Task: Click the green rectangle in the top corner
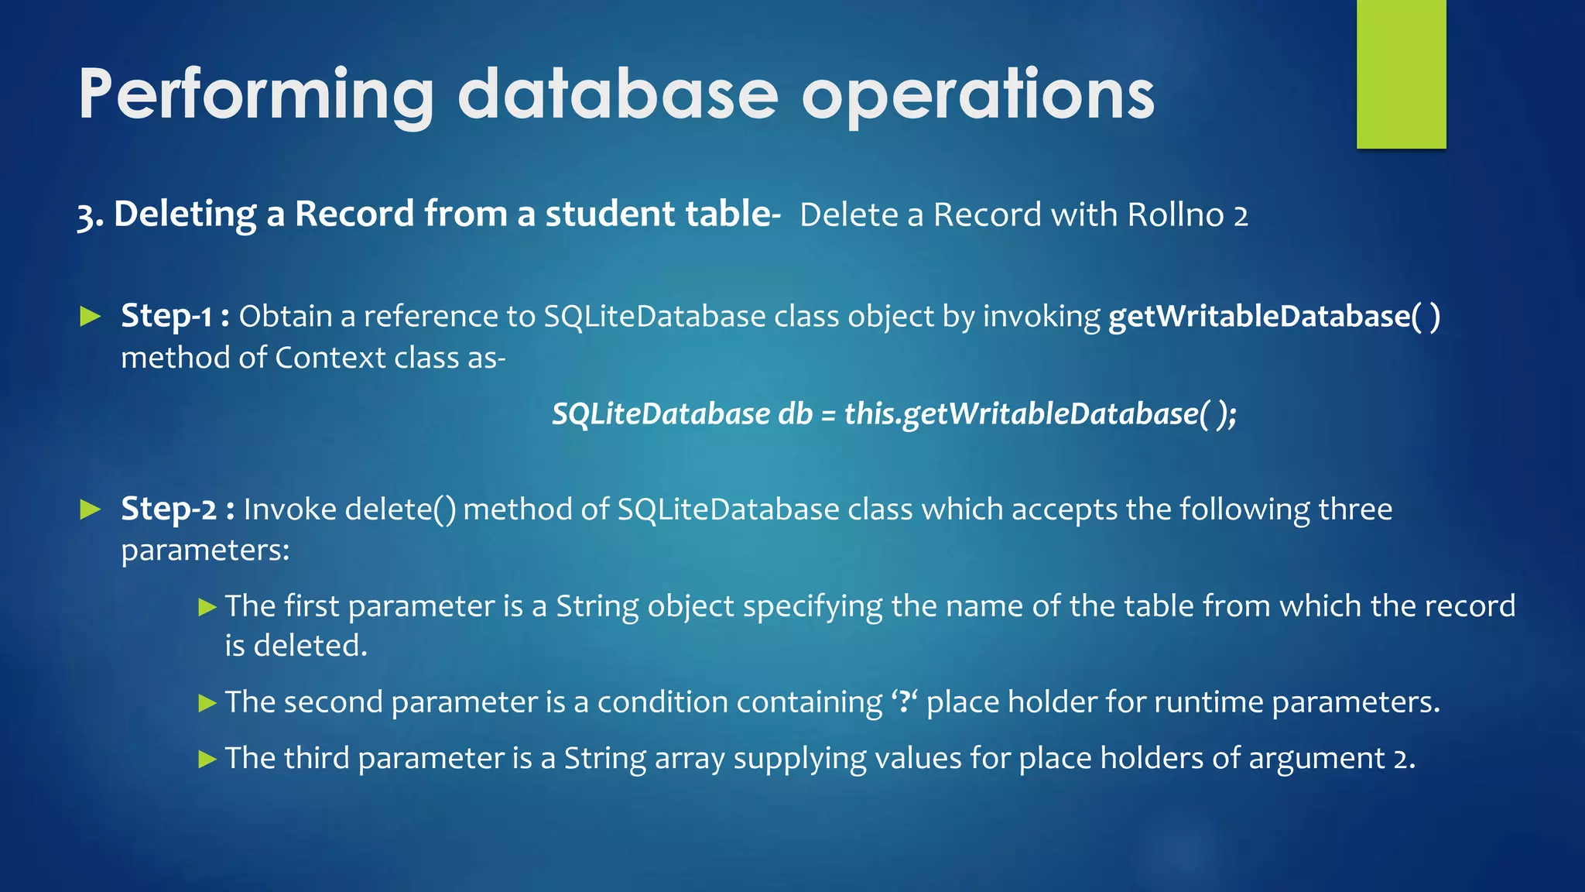1401,74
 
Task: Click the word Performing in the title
256,94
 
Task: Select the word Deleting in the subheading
185,214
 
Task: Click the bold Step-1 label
166,316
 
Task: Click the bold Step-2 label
169,509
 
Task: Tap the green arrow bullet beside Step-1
91,316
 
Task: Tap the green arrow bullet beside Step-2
91,509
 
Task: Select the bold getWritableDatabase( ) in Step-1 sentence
1274,316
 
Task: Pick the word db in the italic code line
795,414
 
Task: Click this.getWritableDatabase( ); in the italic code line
1040,414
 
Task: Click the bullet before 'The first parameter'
207,607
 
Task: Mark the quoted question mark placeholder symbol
903,702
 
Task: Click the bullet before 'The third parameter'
207,759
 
